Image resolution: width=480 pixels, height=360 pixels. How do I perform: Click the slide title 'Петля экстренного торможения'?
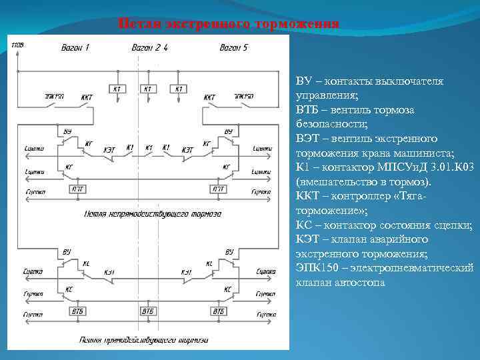pyautogui.click(x=229, y=24)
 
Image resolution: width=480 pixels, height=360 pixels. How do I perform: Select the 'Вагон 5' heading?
pyautogui.click(x=234, y=47)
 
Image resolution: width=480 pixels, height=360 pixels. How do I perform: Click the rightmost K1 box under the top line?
pyautogui.click(x=178, y=89)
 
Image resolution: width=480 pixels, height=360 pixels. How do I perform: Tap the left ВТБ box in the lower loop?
pyautogui.click(x=78, y=311)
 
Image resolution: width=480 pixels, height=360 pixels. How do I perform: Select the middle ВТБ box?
pyautogui.click(x=149, y=311)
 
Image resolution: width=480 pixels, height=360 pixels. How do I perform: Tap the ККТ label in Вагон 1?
pyautogui.click(x=87, y=97)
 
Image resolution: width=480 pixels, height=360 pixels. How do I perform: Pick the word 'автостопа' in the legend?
pyautogui.click(x=363, y=283)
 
